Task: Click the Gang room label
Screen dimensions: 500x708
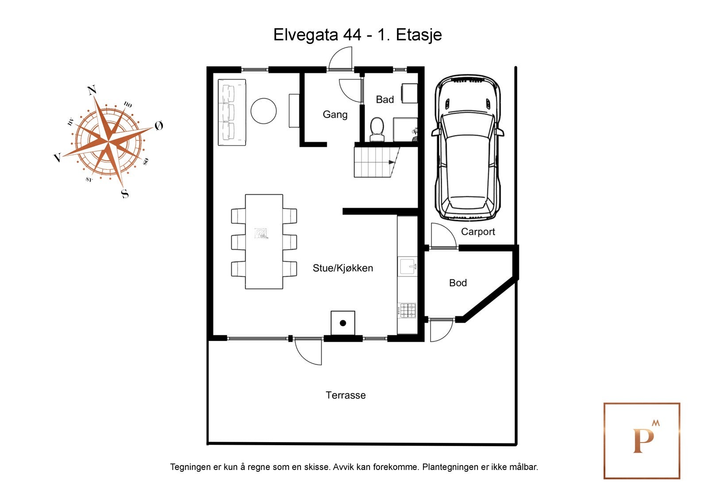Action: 335,115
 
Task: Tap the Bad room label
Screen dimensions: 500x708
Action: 385,99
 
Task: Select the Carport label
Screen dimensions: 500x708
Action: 477,232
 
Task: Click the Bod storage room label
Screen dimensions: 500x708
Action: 458,283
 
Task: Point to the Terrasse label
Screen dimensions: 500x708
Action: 346,395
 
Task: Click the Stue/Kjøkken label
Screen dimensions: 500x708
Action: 342,268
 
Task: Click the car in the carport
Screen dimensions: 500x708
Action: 468,148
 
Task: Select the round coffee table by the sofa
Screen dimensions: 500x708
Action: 263,111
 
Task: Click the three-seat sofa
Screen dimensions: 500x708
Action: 231,112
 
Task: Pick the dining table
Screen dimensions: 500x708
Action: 264,241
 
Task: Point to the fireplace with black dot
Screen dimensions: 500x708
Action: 342,323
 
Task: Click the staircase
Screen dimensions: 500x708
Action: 374,162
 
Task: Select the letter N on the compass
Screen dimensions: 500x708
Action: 92,91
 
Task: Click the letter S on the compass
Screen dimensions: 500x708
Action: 125,193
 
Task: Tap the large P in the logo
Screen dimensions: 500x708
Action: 643,441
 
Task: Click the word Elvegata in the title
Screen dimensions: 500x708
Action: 305,34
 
